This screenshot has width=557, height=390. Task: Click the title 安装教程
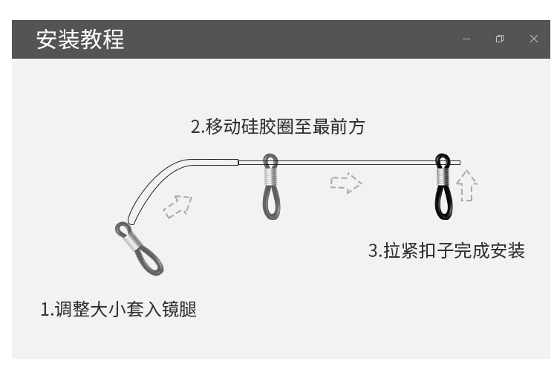pyautogui.click(x=80, y=39)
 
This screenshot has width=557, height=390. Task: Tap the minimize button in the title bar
pyautogui.click(x=466, y=39)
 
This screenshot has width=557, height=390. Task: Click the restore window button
pyautogui.click(x=500, y=39)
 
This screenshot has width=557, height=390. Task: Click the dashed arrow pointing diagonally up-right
pyautogui.click(x=177, y=206)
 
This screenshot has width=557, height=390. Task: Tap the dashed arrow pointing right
pyautogui.click(x=345, y=183)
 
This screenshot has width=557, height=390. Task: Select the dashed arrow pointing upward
pyautogui.click(x=466, y=186)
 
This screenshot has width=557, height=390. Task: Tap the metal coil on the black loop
pyautogui.click(x=443, y=177)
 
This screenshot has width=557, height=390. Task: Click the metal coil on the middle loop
pyautogui.click(x=271, y=177)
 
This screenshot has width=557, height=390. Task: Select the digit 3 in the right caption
pyautogui.click(x=374, y=251)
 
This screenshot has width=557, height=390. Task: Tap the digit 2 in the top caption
pyautogui.click(x=196, y=127)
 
